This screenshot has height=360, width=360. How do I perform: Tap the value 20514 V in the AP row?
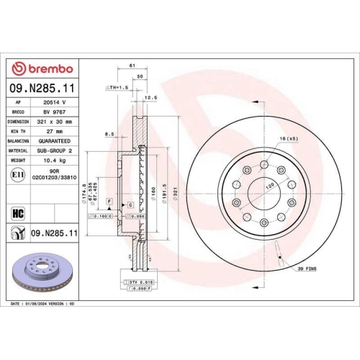54,103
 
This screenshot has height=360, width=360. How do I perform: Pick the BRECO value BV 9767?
53,112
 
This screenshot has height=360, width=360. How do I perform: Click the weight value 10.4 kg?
53,161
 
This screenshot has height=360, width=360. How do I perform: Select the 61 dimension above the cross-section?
132,65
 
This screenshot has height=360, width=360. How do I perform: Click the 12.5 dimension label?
151,96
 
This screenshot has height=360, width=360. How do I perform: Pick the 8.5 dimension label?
109,133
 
